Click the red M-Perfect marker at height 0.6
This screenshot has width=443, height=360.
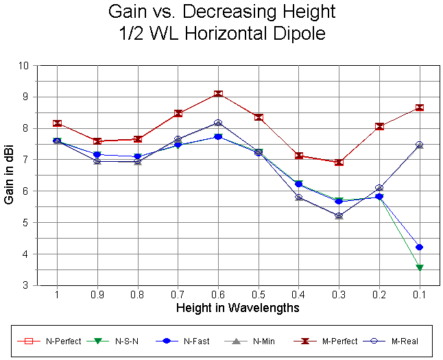tap(218, 94)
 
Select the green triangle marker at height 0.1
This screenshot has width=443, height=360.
tap(420, 267)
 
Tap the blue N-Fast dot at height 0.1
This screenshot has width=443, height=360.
tap(420, 247)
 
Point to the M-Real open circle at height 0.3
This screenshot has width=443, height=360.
tap(339, 215)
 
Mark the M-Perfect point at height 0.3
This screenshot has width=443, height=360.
tap(339, 163)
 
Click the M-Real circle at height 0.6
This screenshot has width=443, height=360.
tap(218, 123)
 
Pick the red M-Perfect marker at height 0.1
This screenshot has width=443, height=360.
tap(420, 108)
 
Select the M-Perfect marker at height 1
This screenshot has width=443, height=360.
tap(57, 123)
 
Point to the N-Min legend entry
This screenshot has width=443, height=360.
tap(254, 341)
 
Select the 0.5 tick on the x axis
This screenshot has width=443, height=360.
tap(259, 294)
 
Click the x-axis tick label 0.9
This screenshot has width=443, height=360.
tap(97, 294)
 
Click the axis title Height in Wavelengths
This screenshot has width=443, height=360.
tap(237, 308)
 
